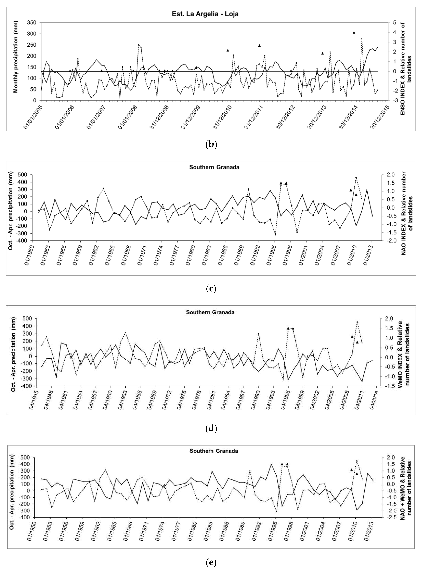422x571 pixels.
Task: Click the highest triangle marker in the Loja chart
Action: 354,32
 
